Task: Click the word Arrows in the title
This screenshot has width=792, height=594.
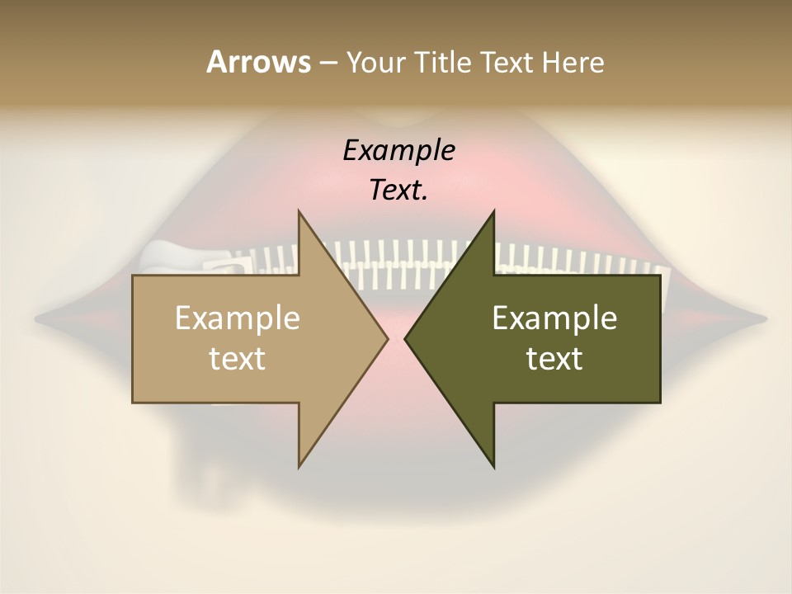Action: [258, 62]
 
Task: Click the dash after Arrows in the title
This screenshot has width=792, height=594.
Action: [328, 64]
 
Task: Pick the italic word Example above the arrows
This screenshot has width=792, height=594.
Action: [398, 151]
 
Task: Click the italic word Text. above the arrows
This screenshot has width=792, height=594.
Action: [398, 191]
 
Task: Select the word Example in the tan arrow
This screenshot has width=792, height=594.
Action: [238, 318]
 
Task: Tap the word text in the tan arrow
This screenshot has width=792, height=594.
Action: [238, 359]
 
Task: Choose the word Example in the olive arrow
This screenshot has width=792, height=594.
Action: [554, 318]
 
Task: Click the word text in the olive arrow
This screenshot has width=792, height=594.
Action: [554, 359]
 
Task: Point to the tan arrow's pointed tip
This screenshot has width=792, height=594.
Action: [388, 338]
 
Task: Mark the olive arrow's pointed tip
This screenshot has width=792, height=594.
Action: [405, 338]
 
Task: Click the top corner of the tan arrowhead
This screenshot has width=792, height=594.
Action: [299, 211]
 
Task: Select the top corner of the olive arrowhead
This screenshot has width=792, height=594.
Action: [493, 211]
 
